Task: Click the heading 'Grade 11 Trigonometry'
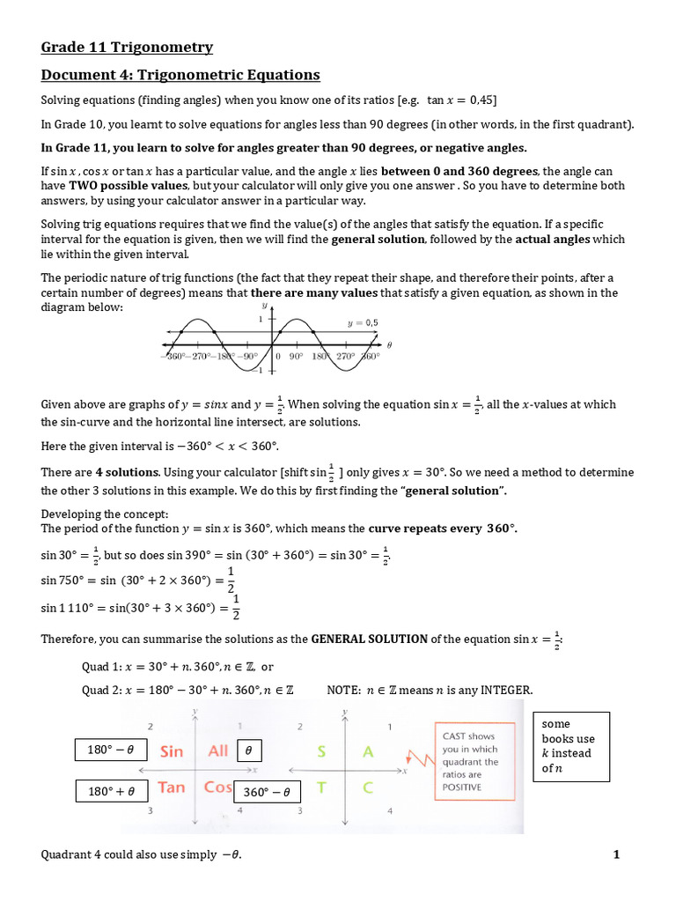(x=127, y=48)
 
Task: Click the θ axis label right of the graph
(x=389, y=344)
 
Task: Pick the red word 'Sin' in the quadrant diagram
(x=172, y=751)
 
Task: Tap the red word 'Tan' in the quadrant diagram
(x=171, y=787)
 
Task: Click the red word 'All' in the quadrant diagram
(x=217, y=750)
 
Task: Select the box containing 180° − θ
(x=110, y=750)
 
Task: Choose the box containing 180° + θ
(x=111, y=791)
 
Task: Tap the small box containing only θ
(x=249, y=750)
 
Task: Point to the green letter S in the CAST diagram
(x=322, y=751)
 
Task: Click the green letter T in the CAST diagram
(x=322, y=787)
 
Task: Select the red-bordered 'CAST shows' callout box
(x=472, y=761)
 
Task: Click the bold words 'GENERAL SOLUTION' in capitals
(x=370, y=639)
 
